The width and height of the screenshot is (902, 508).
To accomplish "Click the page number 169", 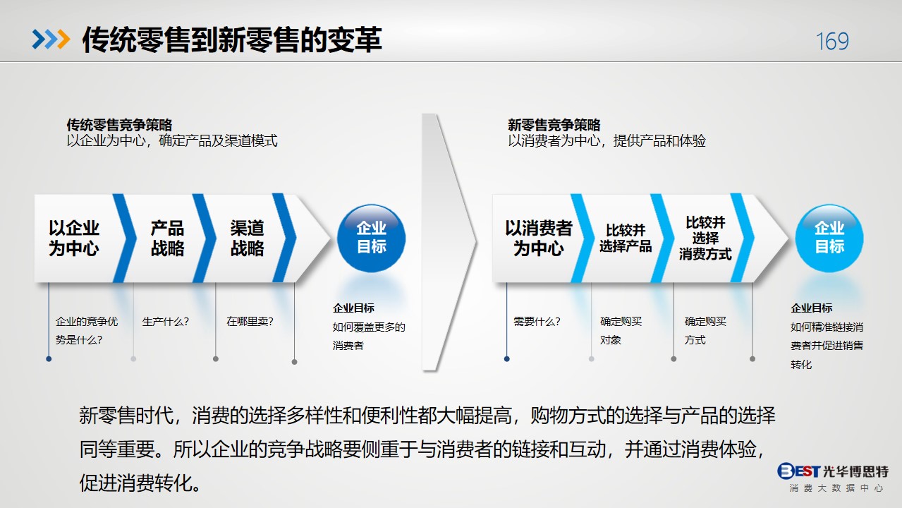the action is coord(832,41).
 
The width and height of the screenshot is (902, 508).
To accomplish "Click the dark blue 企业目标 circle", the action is coord(371,238).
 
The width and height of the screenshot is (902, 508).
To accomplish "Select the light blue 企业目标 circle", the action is coord(829,238).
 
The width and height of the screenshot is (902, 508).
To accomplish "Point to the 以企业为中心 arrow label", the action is coord(74,238).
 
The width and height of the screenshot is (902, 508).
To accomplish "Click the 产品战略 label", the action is coord(168,238).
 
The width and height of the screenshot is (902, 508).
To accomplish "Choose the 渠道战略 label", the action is coord(248,238).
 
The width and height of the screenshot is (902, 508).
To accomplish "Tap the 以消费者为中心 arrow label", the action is coord(539,238).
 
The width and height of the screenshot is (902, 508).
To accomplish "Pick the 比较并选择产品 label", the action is coord(626,238).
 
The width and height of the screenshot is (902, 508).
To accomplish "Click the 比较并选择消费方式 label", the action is coord(705,238).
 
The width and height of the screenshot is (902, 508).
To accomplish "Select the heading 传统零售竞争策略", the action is coord(119,125).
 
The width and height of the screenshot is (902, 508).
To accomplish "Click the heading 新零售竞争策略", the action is coord(554,125).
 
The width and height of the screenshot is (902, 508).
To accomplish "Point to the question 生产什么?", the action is coord(166,322).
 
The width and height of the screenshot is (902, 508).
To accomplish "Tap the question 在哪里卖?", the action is coord(250,322).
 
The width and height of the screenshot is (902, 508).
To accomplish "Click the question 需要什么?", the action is coord(537,322).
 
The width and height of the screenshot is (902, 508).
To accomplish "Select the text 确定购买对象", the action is coord(621,330).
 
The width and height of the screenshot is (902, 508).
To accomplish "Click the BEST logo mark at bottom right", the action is coord(798,471).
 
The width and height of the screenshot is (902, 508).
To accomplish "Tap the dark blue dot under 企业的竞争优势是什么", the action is coord(49,359).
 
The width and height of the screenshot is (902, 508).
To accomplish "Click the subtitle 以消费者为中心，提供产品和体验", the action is coord(607,141).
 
